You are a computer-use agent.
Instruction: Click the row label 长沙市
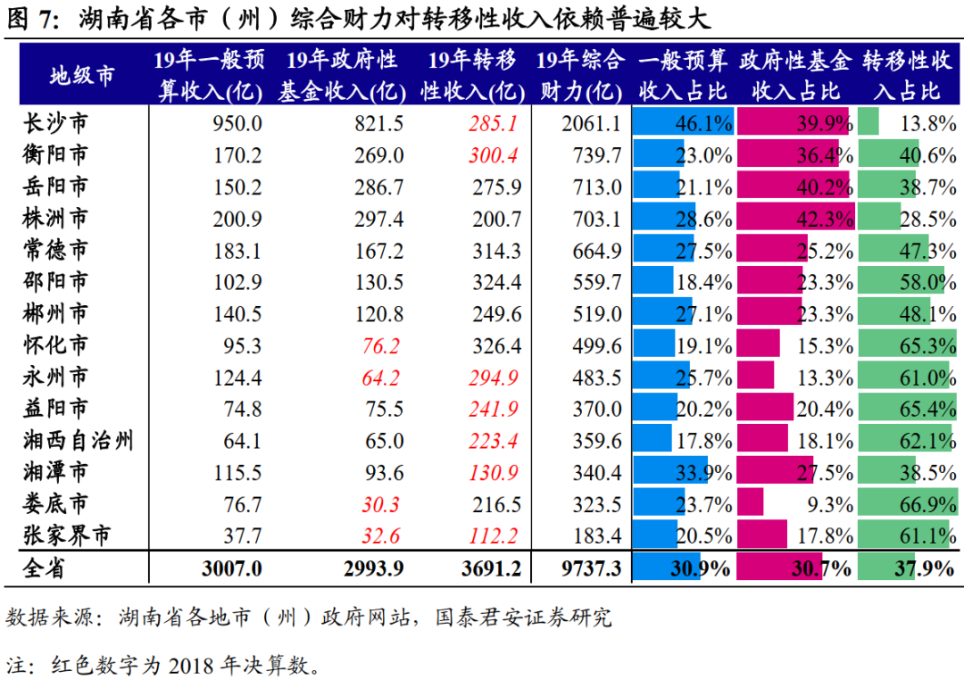[x=55, y=123]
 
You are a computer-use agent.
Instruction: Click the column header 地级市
[x=82, y=75]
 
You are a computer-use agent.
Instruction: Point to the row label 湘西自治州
[x=79, y=440]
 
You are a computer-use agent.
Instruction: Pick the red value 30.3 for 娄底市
[x=381, y=504]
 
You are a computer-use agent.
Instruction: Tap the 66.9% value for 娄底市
[x=927, y=504]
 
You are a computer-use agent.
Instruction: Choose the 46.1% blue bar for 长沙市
[x=683, y=123]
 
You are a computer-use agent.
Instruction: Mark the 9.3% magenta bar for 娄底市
[x=751, y=504]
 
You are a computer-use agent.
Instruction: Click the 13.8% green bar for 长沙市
[x=868, y=123]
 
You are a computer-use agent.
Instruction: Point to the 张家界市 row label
[x=67, y=535]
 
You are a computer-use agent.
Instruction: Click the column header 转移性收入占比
[x=907, y=75]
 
